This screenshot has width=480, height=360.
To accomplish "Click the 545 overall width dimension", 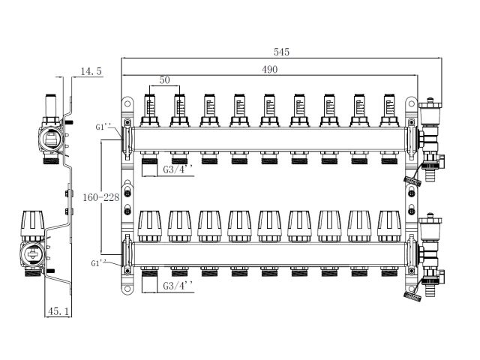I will tap(281, 52).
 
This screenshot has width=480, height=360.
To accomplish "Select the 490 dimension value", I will tap(270, 69).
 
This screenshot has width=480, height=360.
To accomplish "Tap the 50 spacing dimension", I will tap(164, 80).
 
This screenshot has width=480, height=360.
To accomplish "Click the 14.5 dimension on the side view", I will tap(90, 70).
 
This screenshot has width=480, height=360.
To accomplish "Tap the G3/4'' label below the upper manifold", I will tap(178, 169).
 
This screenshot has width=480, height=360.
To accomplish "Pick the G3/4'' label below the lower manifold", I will tap(178, 286).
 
